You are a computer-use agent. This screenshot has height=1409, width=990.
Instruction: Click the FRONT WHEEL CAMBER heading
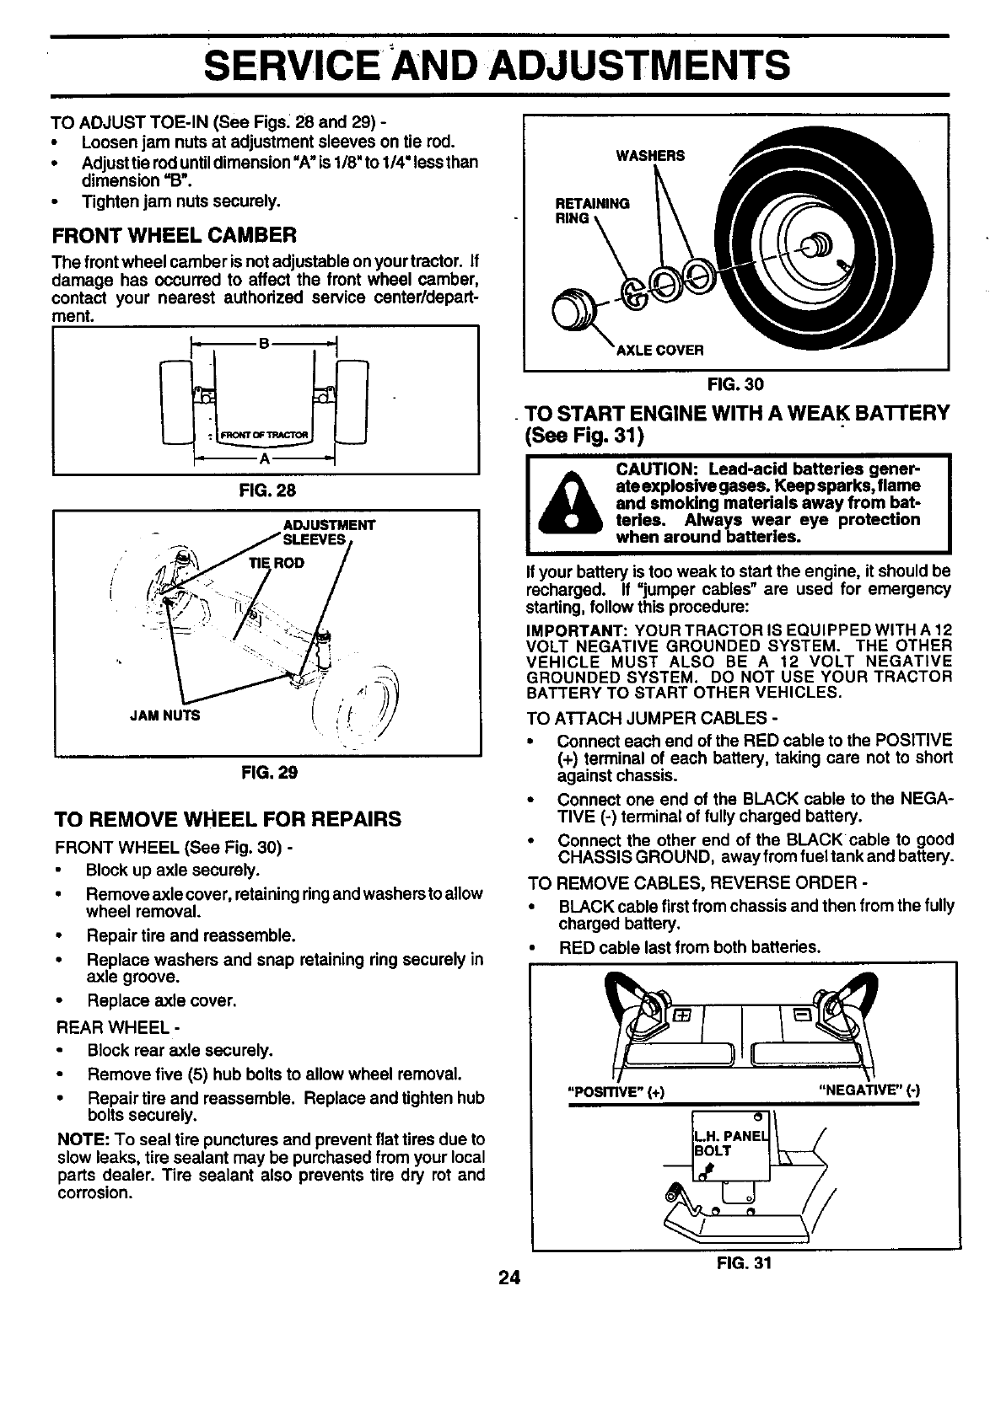[x=174, y=233]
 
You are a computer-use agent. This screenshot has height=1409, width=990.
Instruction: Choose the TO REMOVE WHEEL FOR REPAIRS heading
[x=227, y=819]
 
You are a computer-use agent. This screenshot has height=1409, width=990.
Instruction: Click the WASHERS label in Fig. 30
[x=650, y=155]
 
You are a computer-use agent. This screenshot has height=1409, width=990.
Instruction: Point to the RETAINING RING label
[x=592, y=210]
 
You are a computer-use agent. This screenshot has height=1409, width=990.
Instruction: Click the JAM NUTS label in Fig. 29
[x=165, y=715]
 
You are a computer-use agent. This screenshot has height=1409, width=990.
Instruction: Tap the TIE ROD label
[x=276, y=562]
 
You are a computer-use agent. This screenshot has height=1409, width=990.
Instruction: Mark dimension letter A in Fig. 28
[x=264, y=459]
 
